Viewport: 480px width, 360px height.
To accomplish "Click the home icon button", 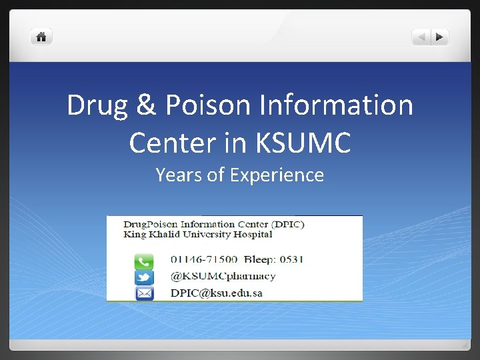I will coord(41,37).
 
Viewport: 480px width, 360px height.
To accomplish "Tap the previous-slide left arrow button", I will coord(421,37).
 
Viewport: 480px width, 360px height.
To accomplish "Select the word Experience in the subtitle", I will coord(277,175).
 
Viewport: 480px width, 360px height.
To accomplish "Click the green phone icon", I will coord(144,261).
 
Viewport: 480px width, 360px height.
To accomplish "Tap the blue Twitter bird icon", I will coord(144,277).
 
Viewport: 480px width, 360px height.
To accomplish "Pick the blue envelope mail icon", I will coord(144,293).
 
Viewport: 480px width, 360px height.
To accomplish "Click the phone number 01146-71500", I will coord(204,259).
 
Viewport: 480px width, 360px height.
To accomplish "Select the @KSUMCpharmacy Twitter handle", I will coord(223,276).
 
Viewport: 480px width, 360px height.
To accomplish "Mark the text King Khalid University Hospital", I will coord(198,235).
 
